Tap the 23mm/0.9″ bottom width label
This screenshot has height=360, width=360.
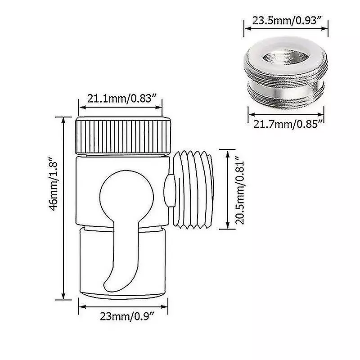[127, 317]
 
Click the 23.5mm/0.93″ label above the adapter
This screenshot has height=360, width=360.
[286, 21]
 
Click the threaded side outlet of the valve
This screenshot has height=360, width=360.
[193, 189]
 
